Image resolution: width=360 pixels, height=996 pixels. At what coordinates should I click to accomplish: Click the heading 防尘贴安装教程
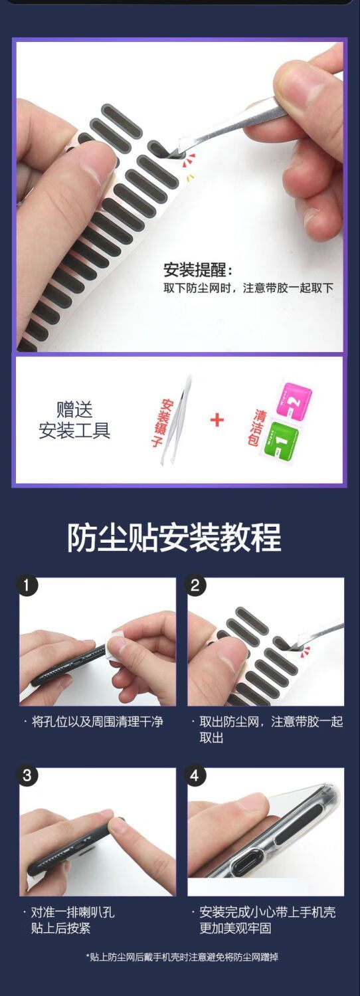[x=174, y=538]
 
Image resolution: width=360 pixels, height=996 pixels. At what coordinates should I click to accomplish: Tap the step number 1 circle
[x=27, y=585]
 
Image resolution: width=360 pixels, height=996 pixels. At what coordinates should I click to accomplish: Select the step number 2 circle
[x=195, y=585]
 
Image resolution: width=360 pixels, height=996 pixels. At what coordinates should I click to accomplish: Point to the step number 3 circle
[x=27, y=775]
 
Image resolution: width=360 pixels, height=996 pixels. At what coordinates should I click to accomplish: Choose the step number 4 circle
[x=195, y=775]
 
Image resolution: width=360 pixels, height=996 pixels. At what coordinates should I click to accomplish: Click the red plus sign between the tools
[x=217, y=420]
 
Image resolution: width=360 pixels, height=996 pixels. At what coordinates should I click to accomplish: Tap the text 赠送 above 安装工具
[x=74, y=409]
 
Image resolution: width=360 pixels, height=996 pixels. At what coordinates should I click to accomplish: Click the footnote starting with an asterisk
[x=182, y=957]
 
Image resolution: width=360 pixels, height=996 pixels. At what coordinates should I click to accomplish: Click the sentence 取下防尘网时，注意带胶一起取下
[x=248, y=288]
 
